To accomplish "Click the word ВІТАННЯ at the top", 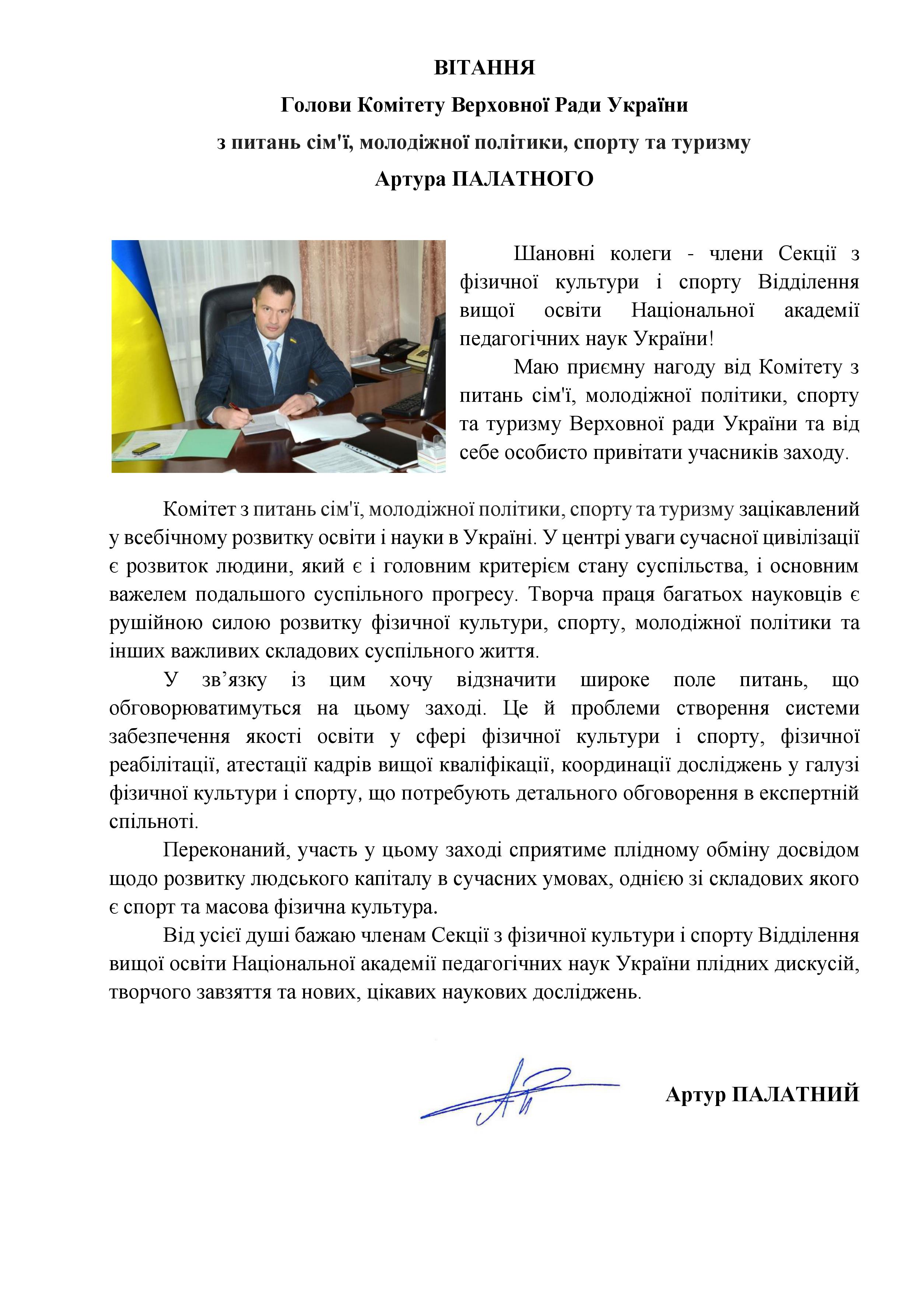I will pyautogui.click(x=484, y=68).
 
